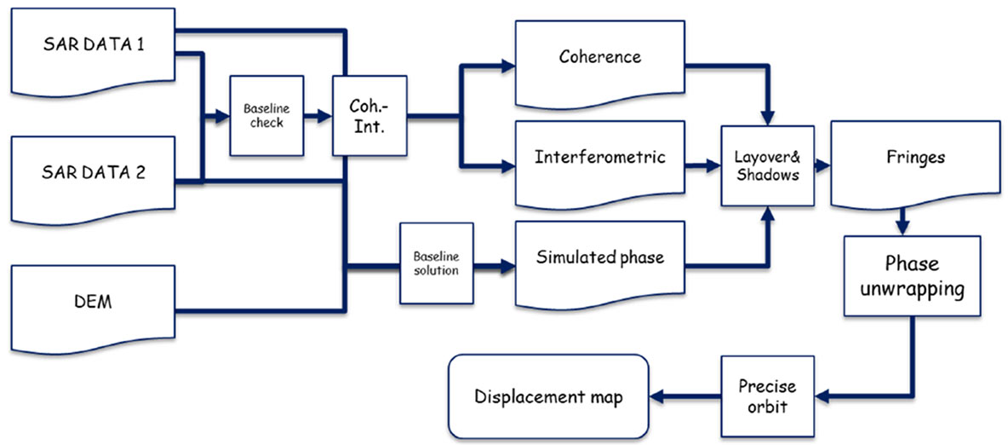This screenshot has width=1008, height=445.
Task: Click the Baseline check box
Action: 266,117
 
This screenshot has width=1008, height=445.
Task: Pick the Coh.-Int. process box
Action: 369,116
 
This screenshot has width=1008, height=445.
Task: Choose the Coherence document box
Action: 600,64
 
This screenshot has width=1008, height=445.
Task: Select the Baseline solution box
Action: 437,263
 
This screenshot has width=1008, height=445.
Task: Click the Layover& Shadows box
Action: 767,166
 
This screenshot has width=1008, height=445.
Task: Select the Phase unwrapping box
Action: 913,276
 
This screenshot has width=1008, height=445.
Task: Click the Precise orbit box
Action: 767,396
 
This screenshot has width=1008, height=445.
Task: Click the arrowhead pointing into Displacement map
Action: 657,396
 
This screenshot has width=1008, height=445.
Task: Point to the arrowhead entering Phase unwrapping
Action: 902,228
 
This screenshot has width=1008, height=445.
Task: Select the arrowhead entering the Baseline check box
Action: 222,117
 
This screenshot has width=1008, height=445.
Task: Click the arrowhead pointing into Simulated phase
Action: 508,264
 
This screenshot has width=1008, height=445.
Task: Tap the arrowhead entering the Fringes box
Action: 823,165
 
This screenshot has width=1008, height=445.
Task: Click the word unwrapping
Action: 913,289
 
